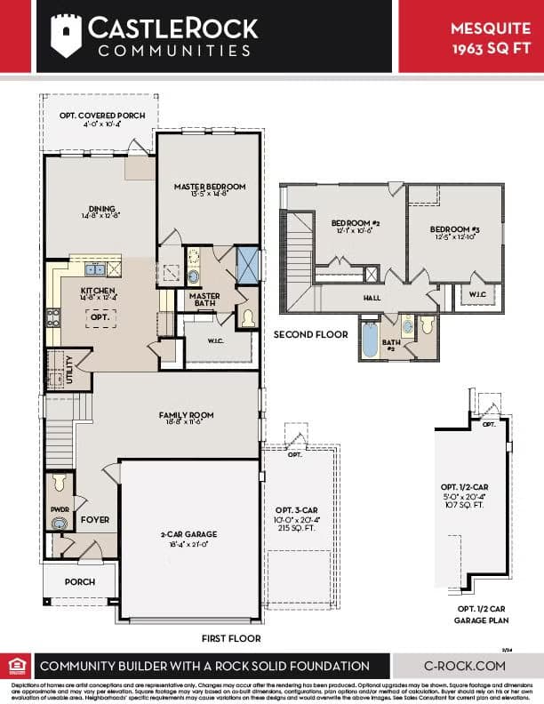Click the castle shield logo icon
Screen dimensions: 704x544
coord(67,36)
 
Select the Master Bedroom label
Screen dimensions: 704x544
coord(210,187)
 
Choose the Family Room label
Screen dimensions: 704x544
coord(186,415)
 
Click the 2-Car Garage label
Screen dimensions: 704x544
coord(190,534)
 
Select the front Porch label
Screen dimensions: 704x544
coord(79,582)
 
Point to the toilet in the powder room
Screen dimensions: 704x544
coord(60,483)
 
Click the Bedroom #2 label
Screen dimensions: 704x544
coord(356,223)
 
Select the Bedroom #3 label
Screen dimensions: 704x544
coord(454,228)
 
